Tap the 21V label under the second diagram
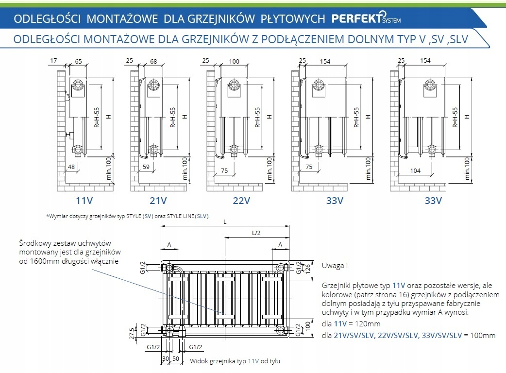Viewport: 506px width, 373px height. click(158, 200)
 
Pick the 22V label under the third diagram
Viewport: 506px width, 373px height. click(241, 200)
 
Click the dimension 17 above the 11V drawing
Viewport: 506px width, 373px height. click(53, 61)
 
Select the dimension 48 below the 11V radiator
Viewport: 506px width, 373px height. click(71, 167)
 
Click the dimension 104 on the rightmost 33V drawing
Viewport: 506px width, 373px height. click(415, 170)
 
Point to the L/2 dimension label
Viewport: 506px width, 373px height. click(256, 233)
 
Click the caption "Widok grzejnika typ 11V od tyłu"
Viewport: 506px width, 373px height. click(235, 361)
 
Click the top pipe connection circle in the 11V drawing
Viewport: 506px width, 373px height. click(78, 87)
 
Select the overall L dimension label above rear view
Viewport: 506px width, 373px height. click(224, 222)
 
